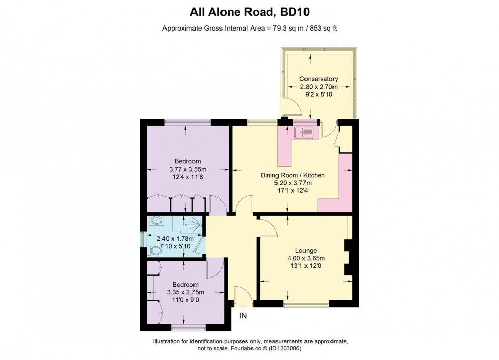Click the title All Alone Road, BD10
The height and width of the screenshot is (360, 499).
click(249, 11)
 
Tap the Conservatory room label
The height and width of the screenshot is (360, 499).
click(319, 79)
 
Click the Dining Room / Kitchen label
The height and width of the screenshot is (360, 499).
click(292, 175)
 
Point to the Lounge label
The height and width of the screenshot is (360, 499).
click(306, 250)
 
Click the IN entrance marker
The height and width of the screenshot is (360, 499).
click(243, 316)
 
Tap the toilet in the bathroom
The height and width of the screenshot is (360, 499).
click(155, 250)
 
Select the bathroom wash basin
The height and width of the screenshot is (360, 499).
click(156, 221)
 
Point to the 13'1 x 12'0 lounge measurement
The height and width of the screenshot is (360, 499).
click(306, 266)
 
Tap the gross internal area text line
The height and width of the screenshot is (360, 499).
click(249, 29)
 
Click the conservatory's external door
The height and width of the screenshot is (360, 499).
click(291, 106)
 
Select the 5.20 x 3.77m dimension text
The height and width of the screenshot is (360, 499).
click(292, 183)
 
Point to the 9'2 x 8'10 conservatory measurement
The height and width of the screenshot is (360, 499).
click(319, 94)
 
